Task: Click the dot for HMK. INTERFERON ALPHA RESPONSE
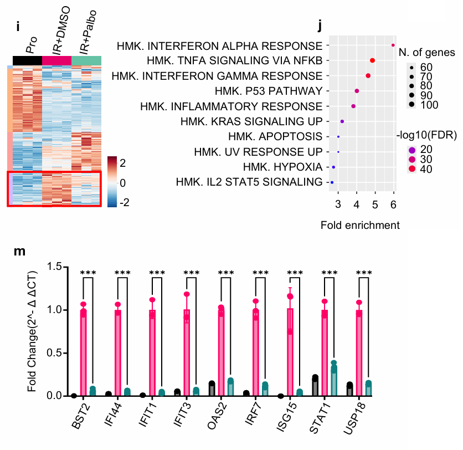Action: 393,45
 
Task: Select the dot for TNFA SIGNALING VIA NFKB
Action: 373,60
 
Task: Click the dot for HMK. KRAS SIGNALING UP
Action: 342,121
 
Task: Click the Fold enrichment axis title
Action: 360,225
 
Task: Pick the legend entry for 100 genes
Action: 413,105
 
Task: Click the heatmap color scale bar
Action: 113,182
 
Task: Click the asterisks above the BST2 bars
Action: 88,273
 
